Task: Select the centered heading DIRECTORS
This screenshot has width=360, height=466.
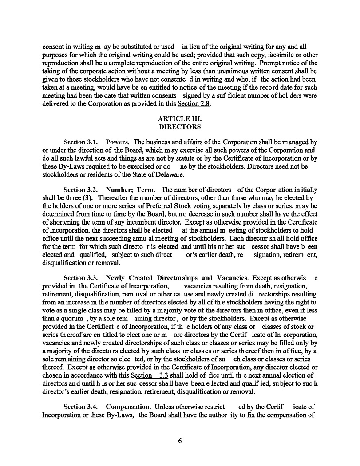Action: pyautogui.click(x=179, y=127)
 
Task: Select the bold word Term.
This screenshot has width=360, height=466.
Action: pyautogui.click(x=146, y=190)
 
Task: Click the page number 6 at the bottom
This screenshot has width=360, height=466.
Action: pyautogui.click(x=180, y=441)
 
